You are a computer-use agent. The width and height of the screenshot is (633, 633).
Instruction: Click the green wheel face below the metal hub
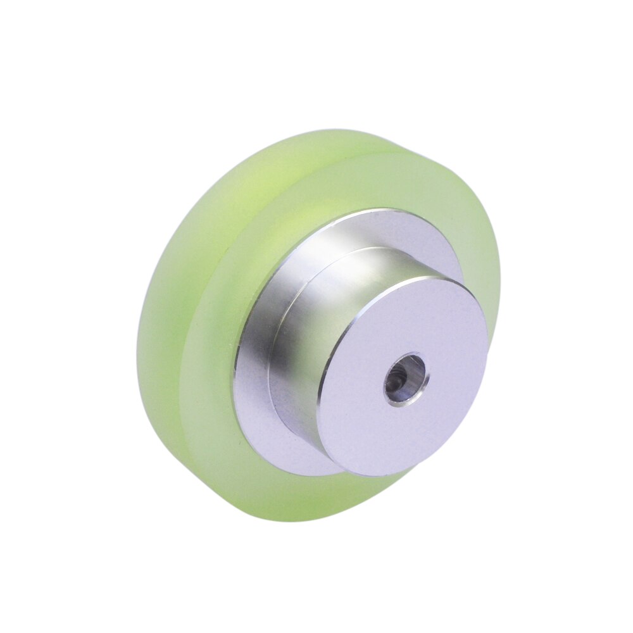click(304, 497)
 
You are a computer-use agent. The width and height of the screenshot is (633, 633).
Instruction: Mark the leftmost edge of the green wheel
click(137, 354)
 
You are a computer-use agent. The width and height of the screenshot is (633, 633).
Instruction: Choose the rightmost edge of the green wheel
click(500, 285)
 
